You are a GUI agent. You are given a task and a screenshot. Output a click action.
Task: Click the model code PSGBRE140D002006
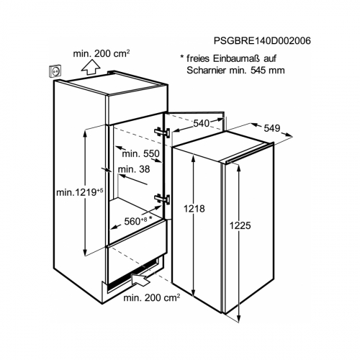point(262,41)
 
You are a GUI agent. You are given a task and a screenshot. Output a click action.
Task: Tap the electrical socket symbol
point(55,71)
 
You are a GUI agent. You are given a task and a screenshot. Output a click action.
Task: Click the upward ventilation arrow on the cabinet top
point(91,67)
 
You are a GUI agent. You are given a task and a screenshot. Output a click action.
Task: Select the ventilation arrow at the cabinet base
point(141,279)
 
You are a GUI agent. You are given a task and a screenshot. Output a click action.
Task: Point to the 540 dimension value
point(202,123)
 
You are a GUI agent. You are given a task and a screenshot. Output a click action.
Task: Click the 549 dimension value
point(272,128)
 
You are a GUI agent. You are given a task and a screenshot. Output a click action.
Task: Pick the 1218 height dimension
point(194,209)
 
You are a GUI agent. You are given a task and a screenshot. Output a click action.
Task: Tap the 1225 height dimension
point(240,225)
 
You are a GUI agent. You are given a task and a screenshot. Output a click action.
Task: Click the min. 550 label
point(140,153)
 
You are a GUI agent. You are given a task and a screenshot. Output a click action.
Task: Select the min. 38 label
point(134,169)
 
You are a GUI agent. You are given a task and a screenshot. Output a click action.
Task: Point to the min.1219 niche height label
point(80,192)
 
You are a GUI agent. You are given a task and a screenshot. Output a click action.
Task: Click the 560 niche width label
point(138,221)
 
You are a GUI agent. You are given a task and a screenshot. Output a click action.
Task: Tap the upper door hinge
point(162,132)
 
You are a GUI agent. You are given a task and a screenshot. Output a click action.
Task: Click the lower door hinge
point(162,199)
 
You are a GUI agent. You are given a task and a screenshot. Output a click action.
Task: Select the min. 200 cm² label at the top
point(102,53)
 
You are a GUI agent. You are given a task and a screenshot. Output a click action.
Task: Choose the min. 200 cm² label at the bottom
point(151,297)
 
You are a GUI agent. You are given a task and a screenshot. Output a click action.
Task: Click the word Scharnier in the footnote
point(206,71)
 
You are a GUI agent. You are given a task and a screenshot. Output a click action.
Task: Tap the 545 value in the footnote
point(258,71)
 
